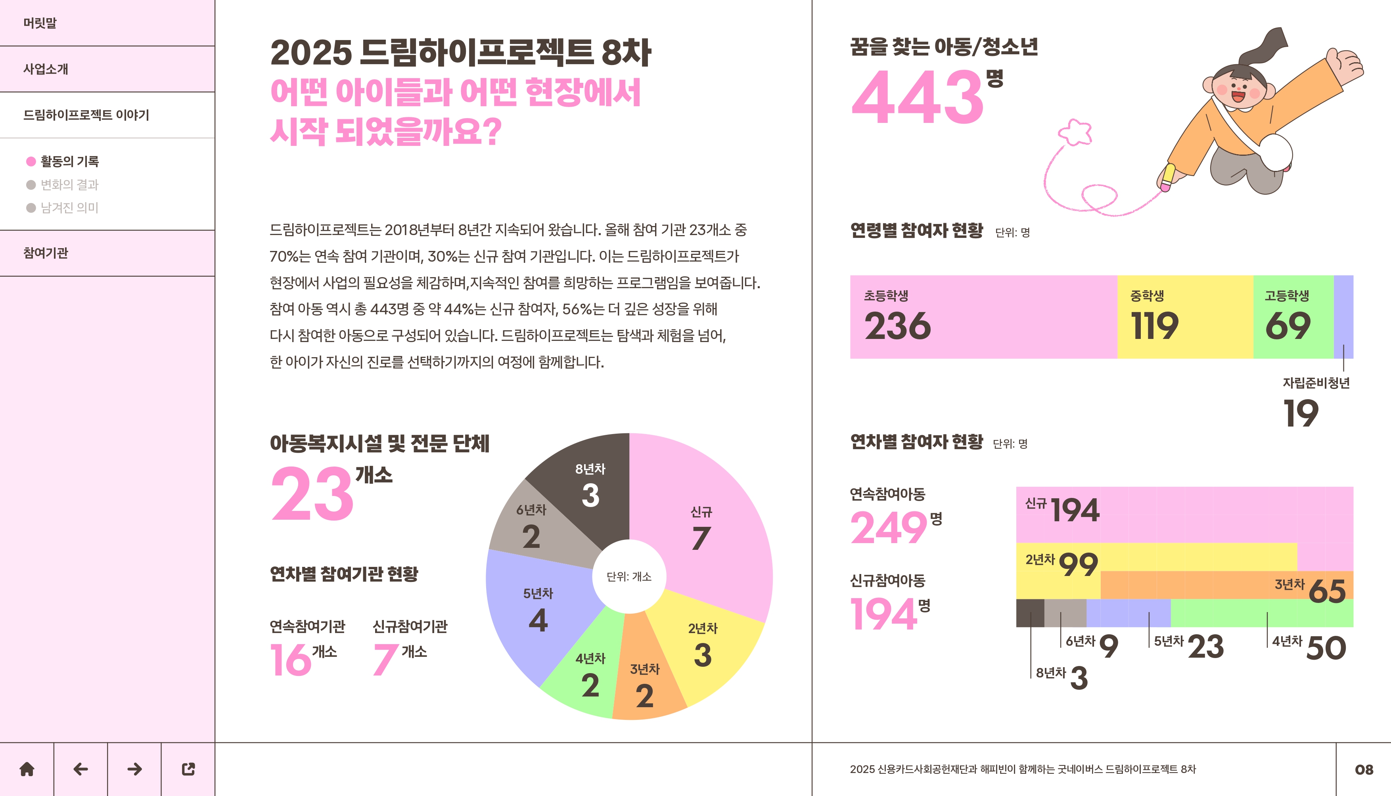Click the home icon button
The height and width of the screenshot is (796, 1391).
[27, 769]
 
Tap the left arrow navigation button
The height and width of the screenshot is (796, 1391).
[80, 769]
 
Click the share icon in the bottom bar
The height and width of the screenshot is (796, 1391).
[188, 769]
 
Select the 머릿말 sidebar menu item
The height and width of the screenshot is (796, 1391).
[40, 23]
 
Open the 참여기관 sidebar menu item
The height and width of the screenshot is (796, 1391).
[46, 253]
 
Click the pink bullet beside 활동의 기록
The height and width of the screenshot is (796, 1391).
[31, 161]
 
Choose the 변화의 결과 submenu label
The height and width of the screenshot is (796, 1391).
[69, 185]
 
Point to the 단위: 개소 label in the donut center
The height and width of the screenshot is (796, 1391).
[629, 577]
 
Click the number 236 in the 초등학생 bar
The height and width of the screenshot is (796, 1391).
[897, 326]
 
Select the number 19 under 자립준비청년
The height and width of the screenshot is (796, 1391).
[1300, 413]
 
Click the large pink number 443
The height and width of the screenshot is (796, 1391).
[918, 97]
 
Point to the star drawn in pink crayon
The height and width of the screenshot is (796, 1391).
[1075, 132]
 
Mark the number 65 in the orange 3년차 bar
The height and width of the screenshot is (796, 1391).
[1327, 591]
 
